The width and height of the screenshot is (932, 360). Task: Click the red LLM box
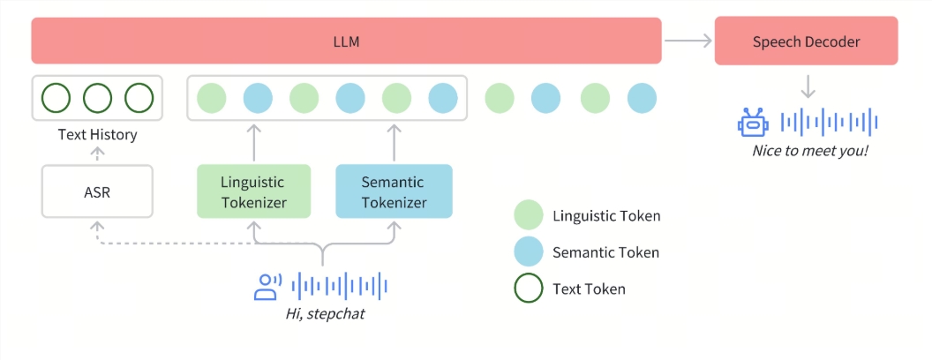pyautogui.click(x=346, y=41)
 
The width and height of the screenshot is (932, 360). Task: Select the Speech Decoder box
pyautogui.click(x=806, y=41)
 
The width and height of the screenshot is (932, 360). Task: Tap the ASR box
pyautogui.click(x=97, y=191)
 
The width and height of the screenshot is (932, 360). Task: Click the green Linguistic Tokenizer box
pyautogui.click(x=253, y=191)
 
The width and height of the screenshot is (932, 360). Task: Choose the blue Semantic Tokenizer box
pyautogui.click(x=394, y=191)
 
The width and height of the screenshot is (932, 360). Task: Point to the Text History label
pyautogui.click(x=97, y=135)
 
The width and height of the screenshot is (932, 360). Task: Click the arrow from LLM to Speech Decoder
pyautogui.click(x=688, y=41)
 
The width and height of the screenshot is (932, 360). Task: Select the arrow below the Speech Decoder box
pyautogui.click(x=806, y=86)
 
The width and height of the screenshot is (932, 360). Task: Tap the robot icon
pyautogui.click(x=751, y=123)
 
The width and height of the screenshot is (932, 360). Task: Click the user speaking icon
pyautogui.click(x=267, y=286)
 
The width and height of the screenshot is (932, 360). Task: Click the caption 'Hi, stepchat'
pyautogui.click(x=324, y=313)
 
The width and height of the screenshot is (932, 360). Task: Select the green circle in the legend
pyautogui.click(x=528, y=216)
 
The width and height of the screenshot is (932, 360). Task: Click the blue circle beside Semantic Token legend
pyautogui.click(x=528, y=252)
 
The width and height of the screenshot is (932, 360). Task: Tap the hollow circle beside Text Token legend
pyautogui.click(x=528, y=289)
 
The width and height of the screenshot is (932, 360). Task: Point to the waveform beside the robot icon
pyautogui.click(x=831, y=122)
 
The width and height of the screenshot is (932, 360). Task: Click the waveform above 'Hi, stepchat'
pyautogui.click(x=340, y=285)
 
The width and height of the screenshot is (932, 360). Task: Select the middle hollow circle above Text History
pyautogui.click(x=97, y=97)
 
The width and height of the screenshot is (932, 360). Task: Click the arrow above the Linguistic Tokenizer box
pyautogui.click(x=253, y=141)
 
